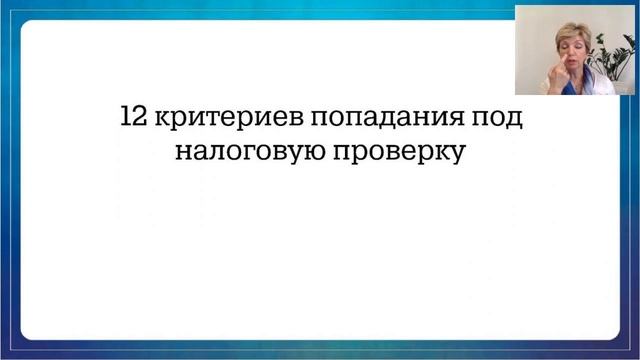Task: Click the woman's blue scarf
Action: point(572,88)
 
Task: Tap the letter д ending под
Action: point(516,118)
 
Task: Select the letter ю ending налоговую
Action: point(301,154)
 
